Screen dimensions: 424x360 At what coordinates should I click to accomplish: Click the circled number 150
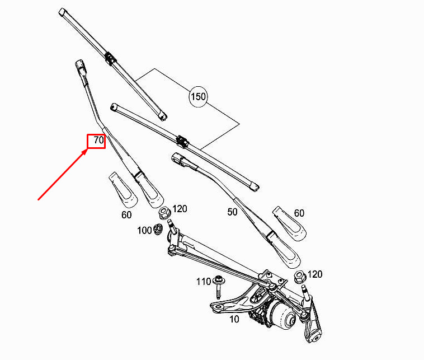click(x=198, y=97)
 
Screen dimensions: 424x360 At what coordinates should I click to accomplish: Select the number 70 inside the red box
click(x=98, y=140)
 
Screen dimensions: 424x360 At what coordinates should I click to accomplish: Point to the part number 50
click(x=232, y=212)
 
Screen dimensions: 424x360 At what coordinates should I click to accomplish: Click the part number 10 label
click(x=234, y=319)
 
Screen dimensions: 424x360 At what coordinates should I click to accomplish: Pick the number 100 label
click(x=144, y=231)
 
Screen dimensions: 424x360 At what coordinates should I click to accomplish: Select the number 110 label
click(x=204, y=282)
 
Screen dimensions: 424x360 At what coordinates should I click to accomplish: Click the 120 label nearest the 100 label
click(x=180, y=209)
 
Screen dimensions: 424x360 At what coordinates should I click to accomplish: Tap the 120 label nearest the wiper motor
click(x=315, y=274)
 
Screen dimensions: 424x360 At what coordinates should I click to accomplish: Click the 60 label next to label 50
click(x=299, y=213)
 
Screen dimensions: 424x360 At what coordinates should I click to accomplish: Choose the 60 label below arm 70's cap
click(x=126, y=215)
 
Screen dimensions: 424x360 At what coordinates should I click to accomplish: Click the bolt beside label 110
click(x=218, y=287)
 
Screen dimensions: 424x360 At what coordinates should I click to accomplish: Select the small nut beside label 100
click(x=157, y=229)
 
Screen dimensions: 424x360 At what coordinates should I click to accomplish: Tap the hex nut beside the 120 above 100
click(x=164, y=212)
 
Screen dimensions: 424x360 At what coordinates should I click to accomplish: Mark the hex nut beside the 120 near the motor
click(x=300, y=277)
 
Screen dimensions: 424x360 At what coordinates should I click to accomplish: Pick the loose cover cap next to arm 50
click(x=289, y=223)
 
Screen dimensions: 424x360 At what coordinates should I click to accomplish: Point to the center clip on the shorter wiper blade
click(x=182, y=141)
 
